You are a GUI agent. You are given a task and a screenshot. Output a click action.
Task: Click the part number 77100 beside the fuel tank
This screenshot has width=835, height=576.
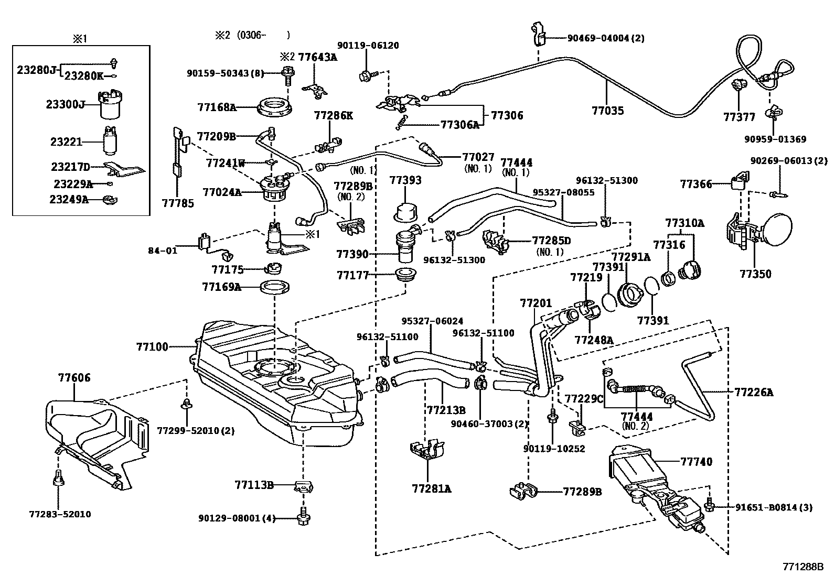(x=152, y=346)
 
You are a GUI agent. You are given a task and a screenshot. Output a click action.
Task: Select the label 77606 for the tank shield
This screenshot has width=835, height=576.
(x=74, y=377)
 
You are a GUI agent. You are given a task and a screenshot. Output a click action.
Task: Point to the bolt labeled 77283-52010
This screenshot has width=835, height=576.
(x=58, y=479)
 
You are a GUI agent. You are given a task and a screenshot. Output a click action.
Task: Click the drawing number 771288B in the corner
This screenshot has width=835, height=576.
(x=803, y=567)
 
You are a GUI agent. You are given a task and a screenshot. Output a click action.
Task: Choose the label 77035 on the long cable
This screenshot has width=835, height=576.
(x=607, y=111)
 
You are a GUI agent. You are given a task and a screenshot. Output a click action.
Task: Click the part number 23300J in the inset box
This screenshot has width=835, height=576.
(x=65, y=104)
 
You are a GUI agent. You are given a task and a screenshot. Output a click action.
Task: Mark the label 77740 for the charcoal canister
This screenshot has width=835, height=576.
(x=697, y=462)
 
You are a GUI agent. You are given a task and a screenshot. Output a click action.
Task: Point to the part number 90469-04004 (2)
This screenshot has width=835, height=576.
(x=606, y=38)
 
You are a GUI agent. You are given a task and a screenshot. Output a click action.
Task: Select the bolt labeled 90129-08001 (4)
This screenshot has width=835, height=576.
(x=303, y=516)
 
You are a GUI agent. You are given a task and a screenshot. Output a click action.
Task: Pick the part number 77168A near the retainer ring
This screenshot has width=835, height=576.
(x=217, y=107)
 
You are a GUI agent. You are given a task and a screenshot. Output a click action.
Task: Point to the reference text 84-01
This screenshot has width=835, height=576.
(x=163, y=250)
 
